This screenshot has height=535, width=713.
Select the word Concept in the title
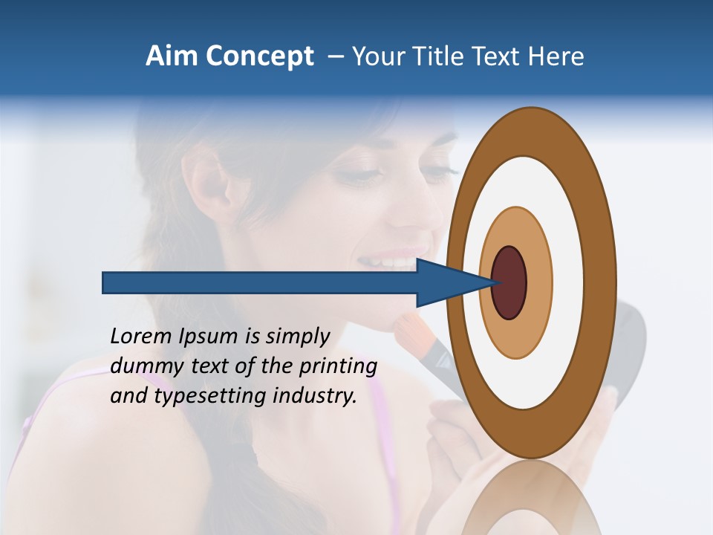point(260,57)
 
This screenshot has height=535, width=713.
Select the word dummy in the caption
point(143,366)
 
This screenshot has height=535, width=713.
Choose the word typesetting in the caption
point(211,397)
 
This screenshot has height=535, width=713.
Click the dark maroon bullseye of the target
point(509,282)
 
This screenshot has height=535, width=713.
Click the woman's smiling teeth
point(390,262)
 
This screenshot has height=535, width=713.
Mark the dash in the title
point(336,56)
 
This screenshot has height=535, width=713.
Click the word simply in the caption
point(296,337)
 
